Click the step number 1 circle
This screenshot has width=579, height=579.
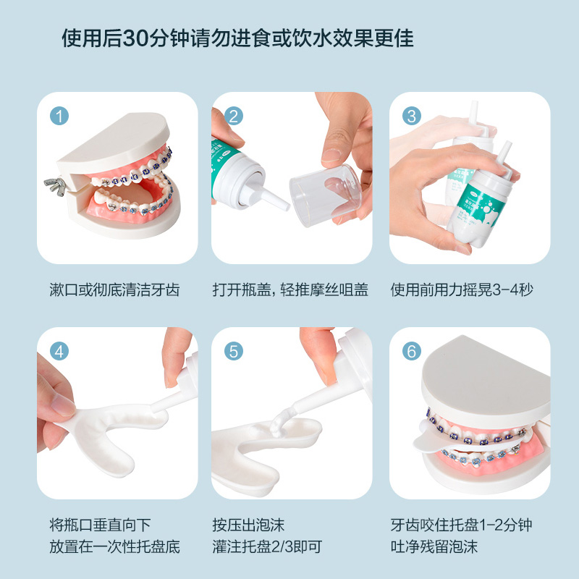(59, 116)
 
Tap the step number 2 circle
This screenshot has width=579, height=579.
(234, 116)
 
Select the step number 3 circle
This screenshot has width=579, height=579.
(412, 116)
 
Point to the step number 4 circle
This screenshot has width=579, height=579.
(59, 351)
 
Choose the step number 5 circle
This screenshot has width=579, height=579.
(234, 351)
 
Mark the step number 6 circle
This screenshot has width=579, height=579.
(412, 351)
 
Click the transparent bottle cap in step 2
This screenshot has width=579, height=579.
(326, 195)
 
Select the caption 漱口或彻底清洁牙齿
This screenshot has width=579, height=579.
(114, 290)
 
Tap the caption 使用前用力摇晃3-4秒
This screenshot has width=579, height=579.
(462, 290)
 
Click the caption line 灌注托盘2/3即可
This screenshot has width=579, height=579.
(267, 547)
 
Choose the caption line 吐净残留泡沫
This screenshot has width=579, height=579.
(434, 547)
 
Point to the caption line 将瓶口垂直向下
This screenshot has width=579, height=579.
(100, 525)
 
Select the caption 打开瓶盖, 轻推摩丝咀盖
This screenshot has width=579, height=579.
(290, 290)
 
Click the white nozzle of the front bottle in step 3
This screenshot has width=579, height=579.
(504, 155)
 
